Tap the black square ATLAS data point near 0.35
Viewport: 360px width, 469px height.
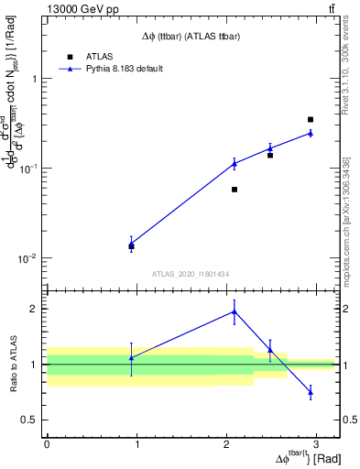(x=311, y=119)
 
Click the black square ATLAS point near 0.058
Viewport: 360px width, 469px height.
(x=235, y=190)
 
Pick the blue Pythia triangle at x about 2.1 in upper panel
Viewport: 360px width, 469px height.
(x=235, y=163)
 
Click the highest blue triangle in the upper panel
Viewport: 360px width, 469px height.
(x=311, y=133)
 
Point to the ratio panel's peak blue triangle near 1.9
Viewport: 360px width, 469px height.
(x=235, y=311)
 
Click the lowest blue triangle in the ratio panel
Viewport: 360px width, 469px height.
(x=311, y=392)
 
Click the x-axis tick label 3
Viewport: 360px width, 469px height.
(x=316, y=443)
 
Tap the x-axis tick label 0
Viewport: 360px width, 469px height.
(x=47, y=443)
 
